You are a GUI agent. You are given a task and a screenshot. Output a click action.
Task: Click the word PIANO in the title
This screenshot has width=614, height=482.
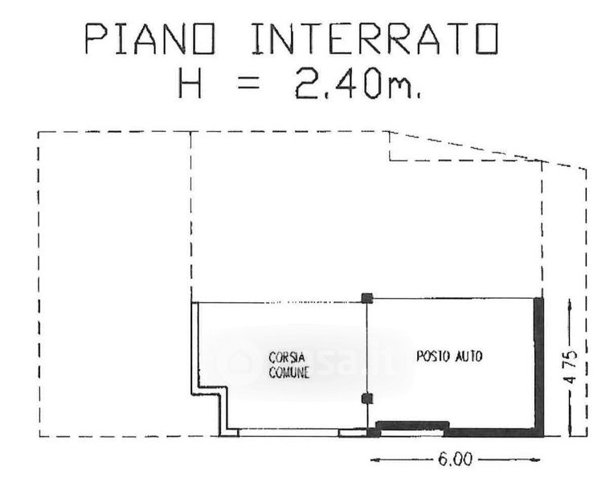(150, 39)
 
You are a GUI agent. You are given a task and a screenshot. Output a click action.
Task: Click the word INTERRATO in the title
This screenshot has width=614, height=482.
(375, 39)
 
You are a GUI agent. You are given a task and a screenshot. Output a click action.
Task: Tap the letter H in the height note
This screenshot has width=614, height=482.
(190, 83)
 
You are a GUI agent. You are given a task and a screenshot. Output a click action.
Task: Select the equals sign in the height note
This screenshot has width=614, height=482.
(248, 83)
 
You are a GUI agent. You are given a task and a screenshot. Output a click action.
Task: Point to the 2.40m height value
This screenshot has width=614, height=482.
(358, 83)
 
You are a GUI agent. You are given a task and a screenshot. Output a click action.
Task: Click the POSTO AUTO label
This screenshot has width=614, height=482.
(449, 357)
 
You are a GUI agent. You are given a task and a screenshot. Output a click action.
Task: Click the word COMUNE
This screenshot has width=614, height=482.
(289, 373)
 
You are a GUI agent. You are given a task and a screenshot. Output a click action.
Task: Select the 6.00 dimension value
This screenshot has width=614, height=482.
(456, 460)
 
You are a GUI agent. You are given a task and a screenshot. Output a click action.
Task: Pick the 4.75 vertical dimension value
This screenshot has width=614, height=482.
(571, 366)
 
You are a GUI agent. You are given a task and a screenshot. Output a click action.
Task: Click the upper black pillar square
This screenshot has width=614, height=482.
(367, 298)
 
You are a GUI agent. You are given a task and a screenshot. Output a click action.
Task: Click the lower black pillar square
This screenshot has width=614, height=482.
(367, 398)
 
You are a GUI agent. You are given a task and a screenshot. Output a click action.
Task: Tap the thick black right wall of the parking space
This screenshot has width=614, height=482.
(538, 367)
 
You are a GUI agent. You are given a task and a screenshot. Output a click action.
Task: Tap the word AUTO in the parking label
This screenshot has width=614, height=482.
(469, 357)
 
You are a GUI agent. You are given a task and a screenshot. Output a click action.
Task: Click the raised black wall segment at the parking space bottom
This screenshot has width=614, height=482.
(412, 424)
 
